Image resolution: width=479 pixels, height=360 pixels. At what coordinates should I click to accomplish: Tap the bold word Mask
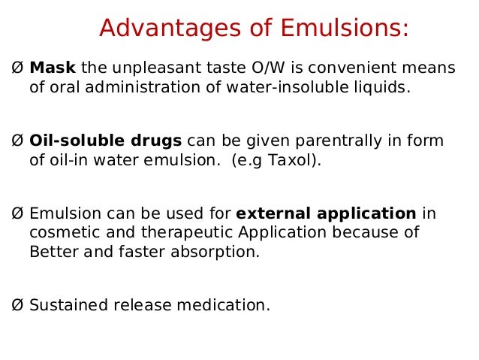click(x=53, y=68)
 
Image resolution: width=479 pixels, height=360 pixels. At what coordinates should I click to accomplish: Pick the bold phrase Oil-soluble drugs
click(x=105, y=141)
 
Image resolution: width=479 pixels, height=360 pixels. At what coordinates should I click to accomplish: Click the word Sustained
click(x=64, y=305)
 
